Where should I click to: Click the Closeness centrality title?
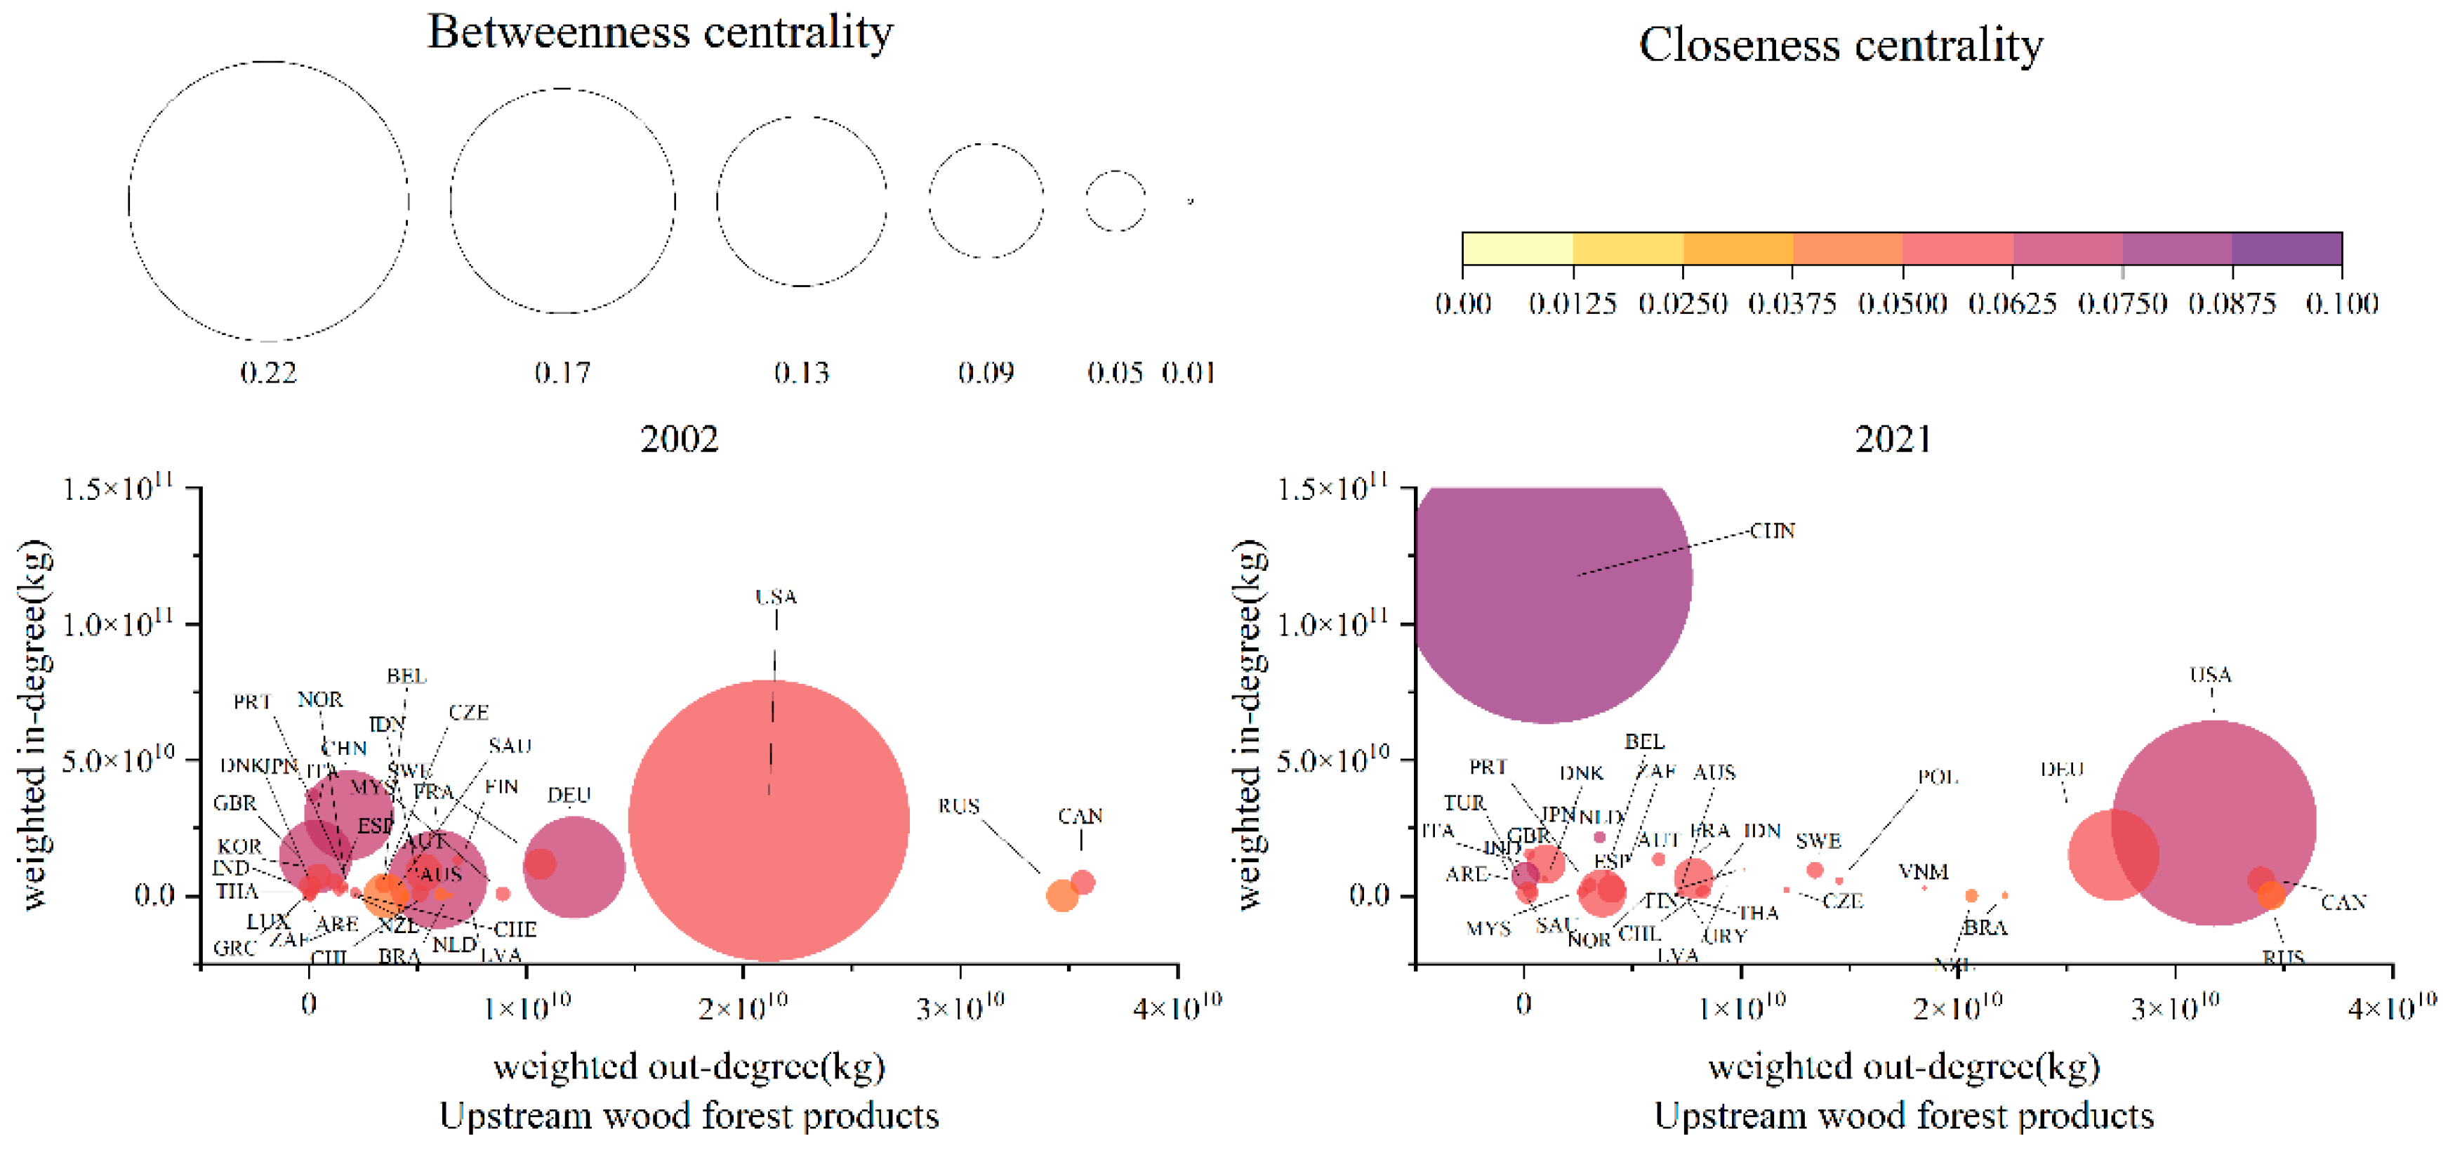point(1840,45)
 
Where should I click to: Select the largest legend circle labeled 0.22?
point(269,201)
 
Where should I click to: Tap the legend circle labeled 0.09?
point(986,200)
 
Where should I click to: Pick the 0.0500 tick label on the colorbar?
point(1903,304)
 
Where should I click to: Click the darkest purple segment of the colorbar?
point(2287,249)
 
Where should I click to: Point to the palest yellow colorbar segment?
point(1517,249)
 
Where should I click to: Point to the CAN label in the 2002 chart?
point(1080,817)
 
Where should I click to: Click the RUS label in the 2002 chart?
point(958,806)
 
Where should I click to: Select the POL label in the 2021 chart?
point(1937,777)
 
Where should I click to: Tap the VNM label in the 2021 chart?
point(1922,871)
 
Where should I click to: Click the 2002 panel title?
point(679,440)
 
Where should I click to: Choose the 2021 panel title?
point(1893,440)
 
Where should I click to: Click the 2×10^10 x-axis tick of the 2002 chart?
point(743,1005)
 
